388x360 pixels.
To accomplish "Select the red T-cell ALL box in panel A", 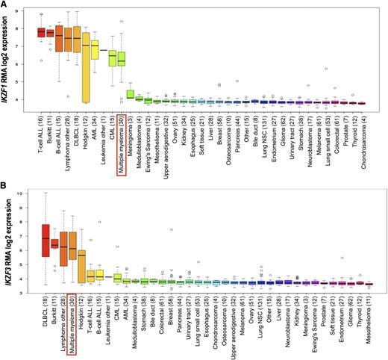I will click(42, 32).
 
